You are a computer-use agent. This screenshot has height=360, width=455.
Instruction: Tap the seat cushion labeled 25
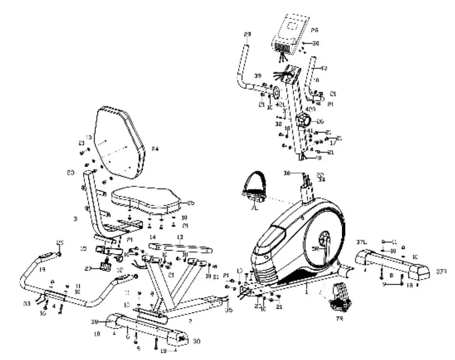(146, 199)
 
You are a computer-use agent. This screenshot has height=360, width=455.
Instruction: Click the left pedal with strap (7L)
(253, 188)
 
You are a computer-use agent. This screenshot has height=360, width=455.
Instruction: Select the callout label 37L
(361, 241)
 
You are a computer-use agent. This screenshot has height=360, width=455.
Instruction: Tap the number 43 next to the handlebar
(324, 68)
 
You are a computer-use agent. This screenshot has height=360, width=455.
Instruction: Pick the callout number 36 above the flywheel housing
(287, 173)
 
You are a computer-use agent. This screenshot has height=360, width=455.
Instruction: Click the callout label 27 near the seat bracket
(88, 269)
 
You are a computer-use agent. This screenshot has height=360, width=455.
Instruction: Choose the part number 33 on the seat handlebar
(26, 303)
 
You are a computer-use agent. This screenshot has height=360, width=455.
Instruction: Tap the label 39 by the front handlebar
(258, 76)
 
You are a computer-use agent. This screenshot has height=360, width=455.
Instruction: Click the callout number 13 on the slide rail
(180, 237)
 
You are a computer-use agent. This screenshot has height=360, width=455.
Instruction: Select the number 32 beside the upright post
(278, 123)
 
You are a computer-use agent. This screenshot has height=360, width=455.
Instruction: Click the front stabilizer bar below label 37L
(391, 266)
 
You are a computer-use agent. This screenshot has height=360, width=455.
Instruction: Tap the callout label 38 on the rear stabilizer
(95, 322)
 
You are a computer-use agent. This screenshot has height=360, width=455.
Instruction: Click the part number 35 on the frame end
(229, 310)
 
